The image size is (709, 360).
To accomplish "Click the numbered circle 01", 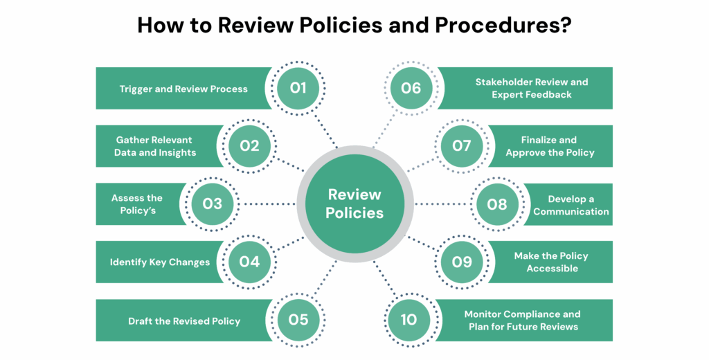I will pyautogui.click(x=298, y=88).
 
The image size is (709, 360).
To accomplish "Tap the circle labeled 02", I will pyautogui.click(x=249, y=146).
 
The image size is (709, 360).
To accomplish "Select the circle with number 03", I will pyautogui.click(x=212, y=204).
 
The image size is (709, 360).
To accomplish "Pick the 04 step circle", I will pyautogui.click(x=249, y=262).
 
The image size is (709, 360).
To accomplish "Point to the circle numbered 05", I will pyautogui.click(x=298, y=320).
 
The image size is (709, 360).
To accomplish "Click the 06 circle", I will pyautogui.click(x=411, y=88).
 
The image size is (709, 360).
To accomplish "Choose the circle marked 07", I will pyautogui.click(x=461, y=146).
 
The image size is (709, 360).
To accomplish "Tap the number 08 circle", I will pyautogui.click(x=497, y=204).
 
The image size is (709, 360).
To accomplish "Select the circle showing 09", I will pyautogui.click(x=461, y=262).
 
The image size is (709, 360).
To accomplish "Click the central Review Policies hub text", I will pyautogui.click(x=354, y=204).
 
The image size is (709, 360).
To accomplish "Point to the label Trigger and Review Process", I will pyautogui.click(x=183, y=89).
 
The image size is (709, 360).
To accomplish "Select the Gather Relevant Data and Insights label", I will pyautogui.click(x=155, y=146).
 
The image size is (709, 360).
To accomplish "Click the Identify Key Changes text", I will pyautogui.click(x=160, y=262).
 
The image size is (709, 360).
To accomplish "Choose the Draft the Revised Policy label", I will pyautogui.click(x=184, y=321).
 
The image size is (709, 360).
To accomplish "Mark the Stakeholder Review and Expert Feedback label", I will pyautogui.click(x=531, y=88).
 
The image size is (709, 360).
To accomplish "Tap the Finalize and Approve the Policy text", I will pyautogui.click(x=550, y=146).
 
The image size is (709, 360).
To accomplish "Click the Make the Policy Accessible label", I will pyautogui.click(x=551, y=262).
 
